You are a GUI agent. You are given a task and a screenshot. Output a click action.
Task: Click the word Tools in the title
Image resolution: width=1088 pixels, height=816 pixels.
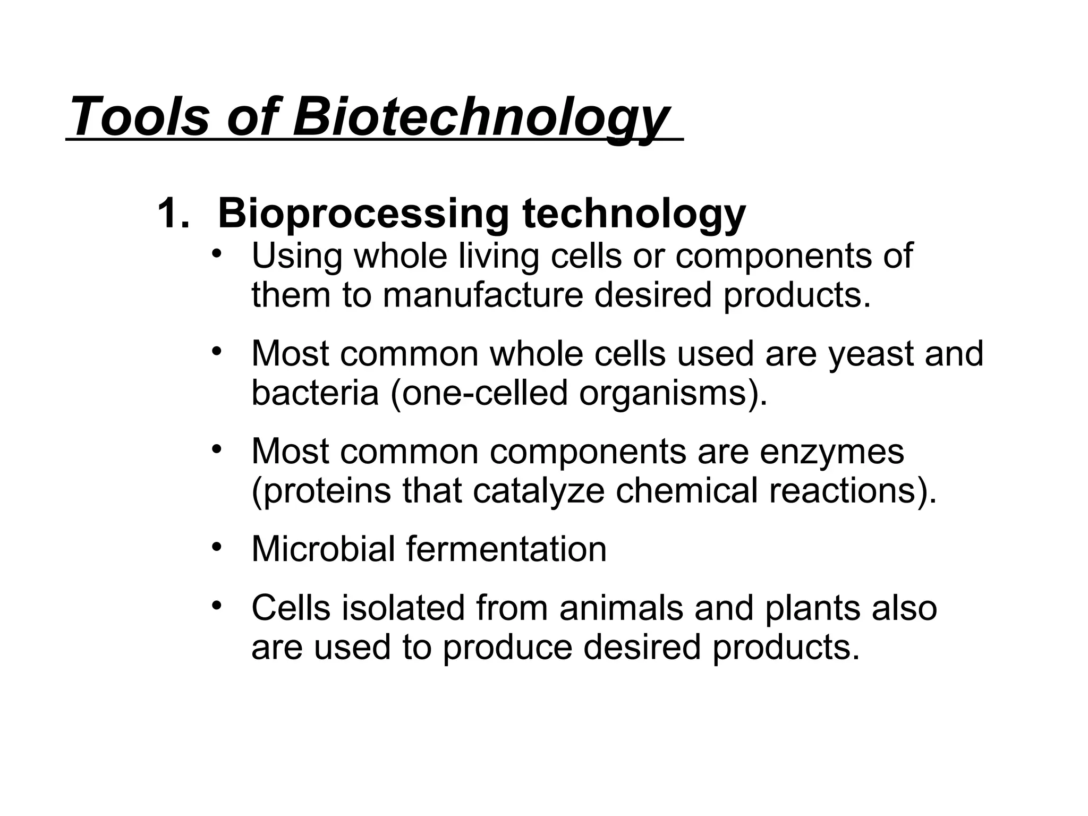click(139, 116)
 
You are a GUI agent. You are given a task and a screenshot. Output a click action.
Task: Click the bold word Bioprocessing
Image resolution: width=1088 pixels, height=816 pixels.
click(363, 214)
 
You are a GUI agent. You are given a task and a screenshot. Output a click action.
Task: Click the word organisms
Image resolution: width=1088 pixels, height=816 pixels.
click(667, 394)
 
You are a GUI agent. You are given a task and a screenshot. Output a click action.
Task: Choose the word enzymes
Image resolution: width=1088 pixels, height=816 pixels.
click(831, 452)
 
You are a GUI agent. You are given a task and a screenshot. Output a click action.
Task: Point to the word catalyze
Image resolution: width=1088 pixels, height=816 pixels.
click(538, 491)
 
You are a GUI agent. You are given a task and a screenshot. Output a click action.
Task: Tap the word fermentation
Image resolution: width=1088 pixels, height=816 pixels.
click(506, 549)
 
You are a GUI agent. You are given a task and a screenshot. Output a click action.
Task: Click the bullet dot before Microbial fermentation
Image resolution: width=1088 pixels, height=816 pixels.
click(216, 547)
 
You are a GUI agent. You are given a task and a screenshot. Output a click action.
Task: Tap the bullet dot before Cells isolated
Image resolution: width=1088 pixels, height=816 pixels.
click(216, 606)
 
